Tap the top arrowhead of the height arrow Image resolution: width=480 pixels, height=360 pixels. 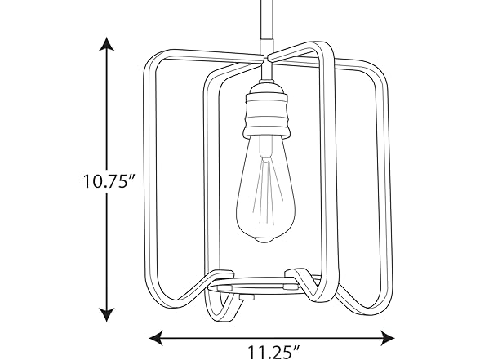point(105,43)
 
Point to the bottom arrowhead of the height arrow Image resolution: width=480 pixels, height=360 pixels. point(105,317)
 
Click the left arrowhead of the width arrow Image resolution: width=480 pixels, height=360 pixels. point(153,336)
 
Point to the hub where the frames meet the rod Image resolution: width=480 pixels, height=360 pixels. point(266,60)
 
